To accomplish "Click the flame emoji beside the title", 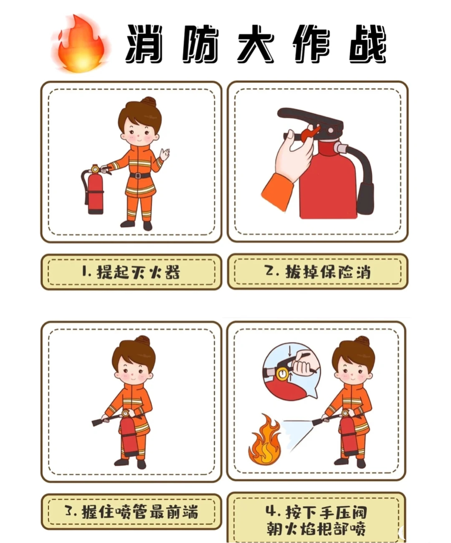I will [x=81, y=44].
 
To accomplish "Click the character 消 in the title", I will [x=144, y=44].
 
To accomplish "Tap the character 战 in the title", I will [x=367, y=44].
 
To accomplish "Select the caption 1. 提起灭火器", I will [x=131, y=272].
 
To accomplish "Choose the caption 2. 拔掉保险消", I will [x=318, y=272].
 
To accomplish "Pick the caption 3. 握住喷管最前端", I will [x=131, y=512].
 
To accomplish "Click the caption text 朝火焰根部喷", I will [x=316, y=528].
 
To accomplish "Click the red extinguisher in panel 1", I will [x=95, y=192].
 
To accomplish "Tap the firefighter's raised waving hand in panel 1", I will [x=165, y=154].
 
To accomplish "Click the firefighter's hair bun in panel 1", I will [x=148, y=101].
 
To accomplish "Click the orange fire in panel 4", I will [x=265, y=443].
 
